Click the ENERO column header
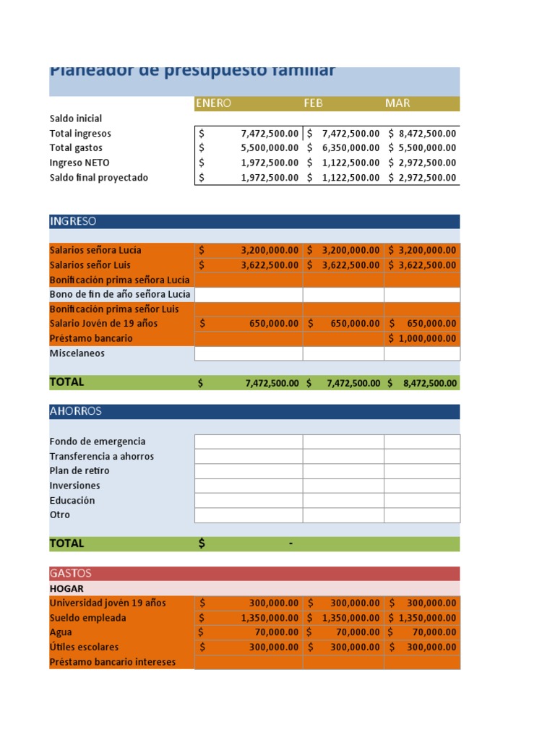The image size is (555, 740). pos(213,103)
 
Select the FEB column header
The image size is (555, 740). pos(313,103)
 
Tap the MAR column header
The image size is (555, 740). pos(397,103)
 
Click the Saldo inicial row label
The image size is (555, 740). pos(76,119)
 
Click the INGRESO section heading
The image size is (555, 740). pos(73,221)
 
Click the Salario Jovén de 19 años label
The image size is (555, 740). pos(103,324)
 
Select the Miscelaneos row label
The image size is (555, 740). pos(77,353)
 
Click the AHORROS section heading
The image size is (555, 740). pos(76,411)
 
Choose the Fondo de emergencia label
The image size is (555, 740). pos(98,442)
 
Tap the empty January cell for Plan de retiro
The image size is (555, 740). pos(249,471)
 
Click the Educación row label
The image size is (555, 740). pos(72,501)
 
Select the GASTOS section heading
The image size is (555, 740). pos(71,573)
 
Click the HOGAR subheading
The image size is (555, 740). pos(66,588)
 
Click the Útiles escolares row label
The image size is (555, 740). pos(84,647)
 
